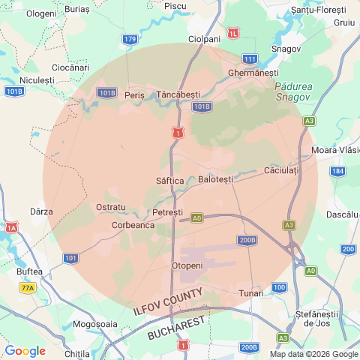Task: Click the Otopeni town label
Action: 187,265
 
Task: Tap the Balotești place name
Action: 216,179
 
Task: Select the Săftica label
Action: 169,181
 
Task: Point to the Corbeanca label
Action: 133,224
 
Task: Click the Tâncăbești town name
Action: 178,94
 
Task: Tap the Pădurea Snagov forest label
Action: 293,91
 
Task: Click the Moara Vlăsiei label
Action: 335,151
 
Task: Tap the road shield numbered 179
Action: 130,39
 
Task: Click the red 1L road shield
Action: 235,34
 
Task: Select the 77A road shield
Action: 28,287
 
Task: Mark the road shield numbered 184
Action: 338,171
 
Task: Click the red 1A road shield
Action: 11,226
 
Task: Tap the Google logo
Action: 25,351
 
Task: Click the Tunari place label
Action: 251,292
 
